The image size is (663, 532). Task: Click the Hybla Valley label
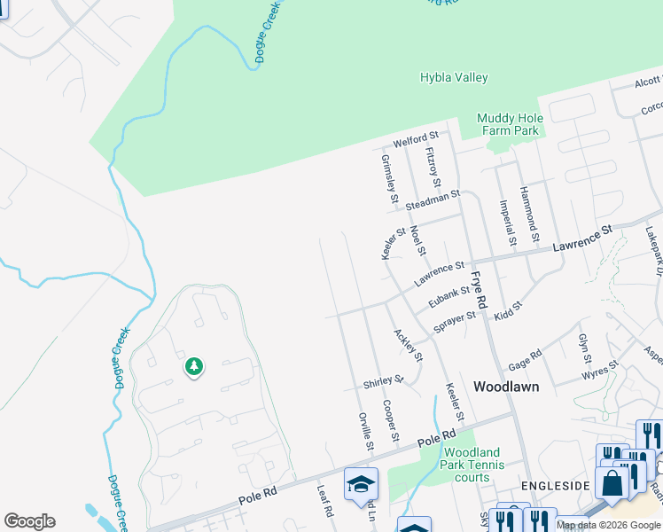[x=454, y=78]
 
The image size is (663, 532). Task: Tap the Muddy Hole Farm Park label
[x=508, y=124]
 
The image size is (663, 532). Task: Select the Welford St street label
[x=416, y=138]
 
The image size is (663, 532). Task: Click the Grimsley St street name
[x=387, y=182]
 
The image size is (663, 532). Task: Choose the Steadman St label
[x=433, y=199]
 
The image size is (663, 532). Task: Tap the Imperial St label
[x=508, y=223]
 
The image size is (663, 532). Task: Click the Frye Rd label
[x=479, y=290]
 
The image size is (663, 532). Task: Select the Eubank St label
[x=448, y=296]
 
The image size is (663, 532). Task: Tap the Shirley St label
[x=383, y=383]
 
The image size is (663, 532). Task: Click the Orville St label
[x=365, y=431]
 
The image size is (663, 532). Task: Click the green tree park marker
[x=193, y=365]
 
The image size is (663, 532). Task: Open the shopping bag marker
[x=612, y=482]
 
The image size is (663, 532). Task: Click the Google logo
[x=29, y=521]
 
